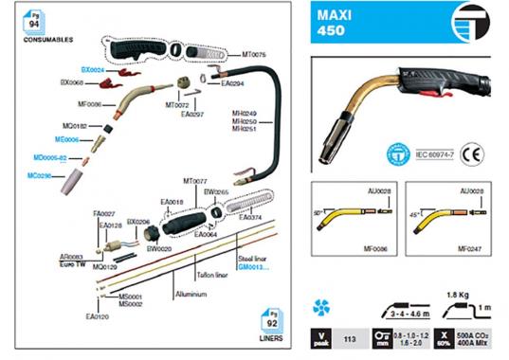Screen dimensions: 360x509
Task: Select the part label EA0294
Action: pyautogui.click(x=233, y=84)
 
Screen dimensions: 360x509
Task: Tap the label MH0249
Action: pyautogui.click(x=245, y=114)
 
